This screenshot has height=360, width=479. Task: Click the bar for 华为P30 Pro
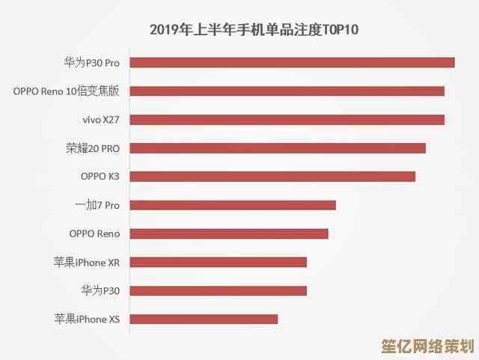click(293, 63)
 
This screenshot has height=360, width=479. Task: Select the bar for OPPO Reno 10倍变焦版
click(287, 91)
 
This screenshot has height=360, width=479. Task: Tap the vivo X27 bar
click(287, 120)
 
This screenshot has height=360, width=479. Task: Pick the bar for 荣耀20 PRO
click(278, 148)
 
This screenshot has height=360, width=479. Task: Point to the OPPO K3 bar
click(272, 177)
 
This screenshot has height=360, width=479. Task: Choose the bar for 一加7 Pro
click(233, 205)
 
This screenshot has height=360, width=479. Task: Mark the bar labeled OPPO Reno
click(229, 234)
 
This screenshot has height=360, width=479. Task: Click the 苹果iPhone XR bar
click(219, 262)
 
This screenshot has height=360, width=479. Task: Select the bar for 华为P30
click(219, 290)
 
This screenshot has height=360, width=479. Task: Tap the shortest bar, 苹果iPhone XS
click(204, 319)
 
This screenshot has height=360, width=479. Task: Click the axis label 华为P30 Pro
click(91, 63)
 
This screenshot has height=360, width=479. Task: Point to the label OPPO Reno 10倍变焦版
click(66, 91)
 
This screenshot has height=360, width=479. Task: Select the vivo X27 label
click(101, 120)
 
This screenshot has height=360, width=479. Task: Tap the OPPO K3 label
click(100, 177)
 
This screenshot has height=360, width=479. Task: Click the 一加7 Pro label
click(97, 205)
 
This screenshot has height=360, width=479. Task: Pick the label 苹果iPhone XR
click(87, 262)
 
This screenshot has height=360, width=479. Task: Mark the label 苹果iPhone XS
click(87, 319)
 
